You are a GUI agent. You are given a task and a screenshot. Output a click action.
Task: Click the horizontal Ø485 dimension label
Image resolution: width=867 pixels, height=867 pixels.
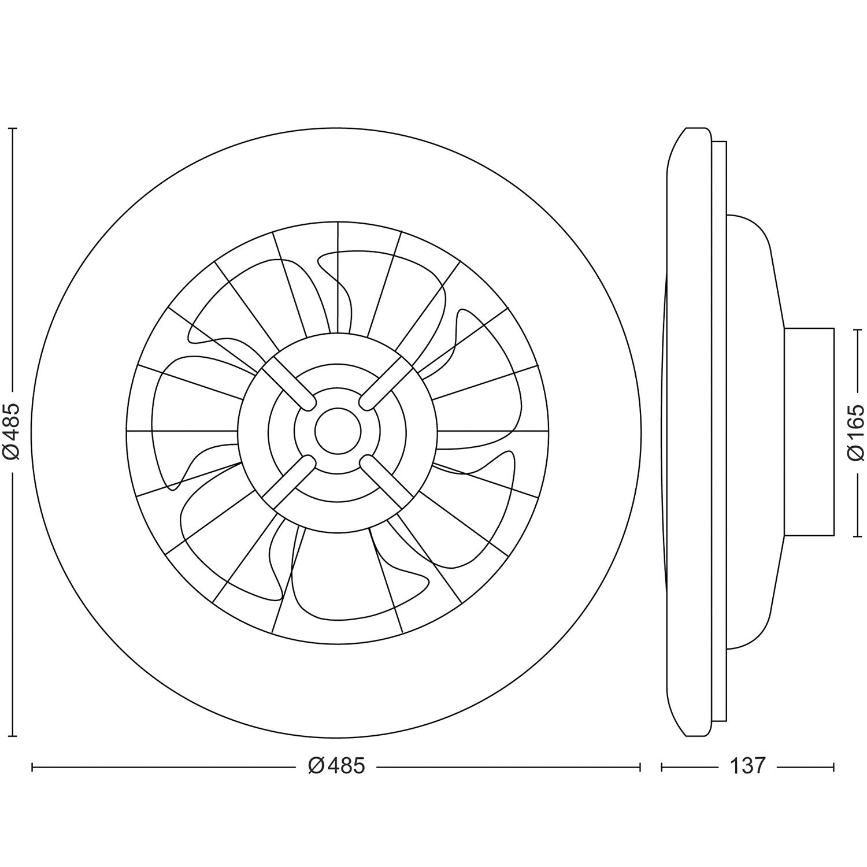(336, 766)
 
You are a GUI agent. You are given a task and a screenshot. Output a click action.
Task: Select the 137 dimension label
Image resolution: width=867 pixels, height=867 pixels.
(747, 766)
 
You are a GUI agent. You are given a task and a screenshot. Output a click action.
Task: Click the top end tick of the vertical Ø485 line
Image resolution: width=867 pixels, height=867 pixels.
(13, 128)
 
